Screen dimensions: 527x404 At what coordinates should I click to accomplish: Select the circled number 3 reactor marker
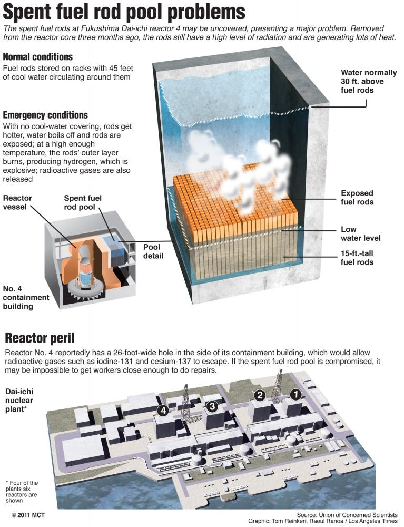pos(212,406)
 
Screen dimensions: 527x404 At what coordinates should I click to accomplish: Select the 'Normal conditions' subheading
pos(38,57)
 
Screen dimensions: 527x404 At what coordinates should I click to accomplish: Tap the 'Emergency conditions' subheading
pos(45,115)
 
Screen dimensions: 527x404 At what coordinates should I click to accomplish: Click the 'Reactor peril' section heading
pos(40,337)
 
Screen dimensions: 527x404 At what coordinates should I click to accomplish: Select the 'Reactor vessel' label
pos(18,202)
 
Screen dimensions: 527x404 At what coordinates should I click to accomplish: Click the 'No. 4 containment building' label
pos(25,297)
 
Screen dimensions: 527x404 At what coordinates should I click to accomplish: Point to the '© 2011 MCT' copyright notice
pos(32,512)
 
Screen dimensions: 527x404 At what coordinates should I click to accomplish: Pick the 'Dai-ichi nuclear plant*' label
pos(22,401)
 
